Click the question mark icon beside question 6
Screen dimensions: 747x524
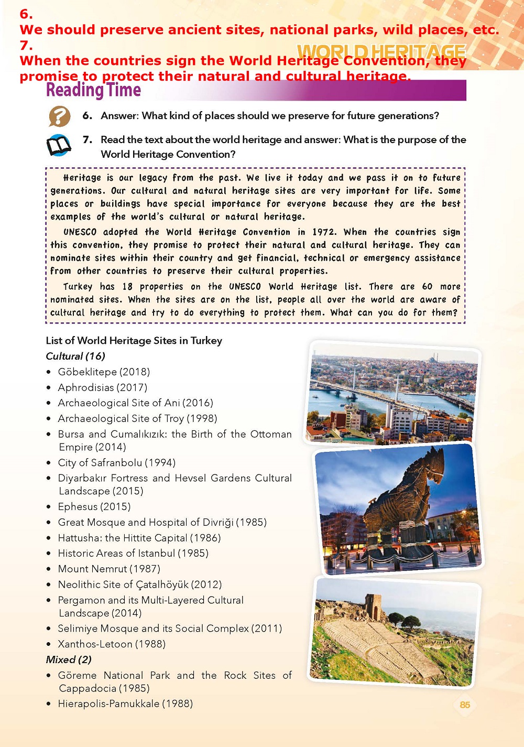[59, 116]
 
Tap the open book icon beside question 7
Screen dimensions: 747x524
[59, 146]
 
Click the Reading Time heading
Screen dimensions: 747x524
[93, 90]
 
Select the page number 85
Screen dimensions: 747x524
[465, 705]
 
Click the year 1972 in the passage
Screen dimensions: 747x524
[323, 232]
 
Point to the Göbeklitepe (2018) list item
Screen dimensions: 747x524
[104, 372]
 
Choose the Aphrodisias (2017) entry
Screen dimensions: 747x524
[103, 387]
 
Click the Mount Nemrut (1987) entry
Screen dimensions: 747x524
[109, 569]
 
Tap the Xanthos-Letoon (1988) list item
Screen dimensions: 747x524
[112, 644]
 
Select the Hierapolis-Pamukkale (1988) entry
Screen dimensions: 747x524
[125, 703]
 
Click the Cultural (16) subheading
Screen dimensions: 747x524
[75, 356]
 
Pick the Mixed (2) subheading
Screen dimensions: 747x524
[69, 659]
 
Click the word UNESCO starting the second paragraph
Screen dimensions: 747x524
[80, 232]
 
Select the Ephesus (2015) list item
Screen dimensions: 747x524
[94, 506]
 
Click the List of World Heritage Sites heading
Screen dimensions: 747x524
[134, 341]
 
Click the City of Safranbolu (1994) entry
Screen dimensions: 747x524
[116, 462]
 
